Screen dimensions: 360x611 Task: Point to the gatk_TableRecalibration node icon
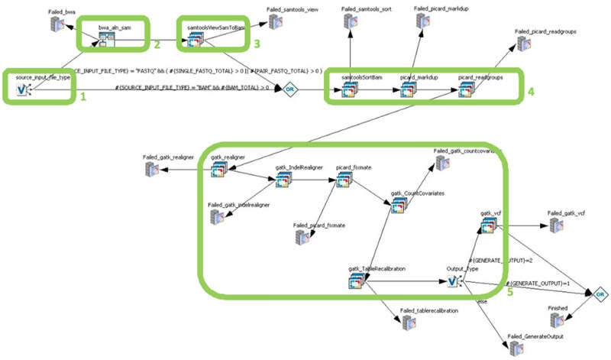point(357,283)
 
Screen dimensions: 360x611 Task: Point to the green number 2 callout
point(156,44)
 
